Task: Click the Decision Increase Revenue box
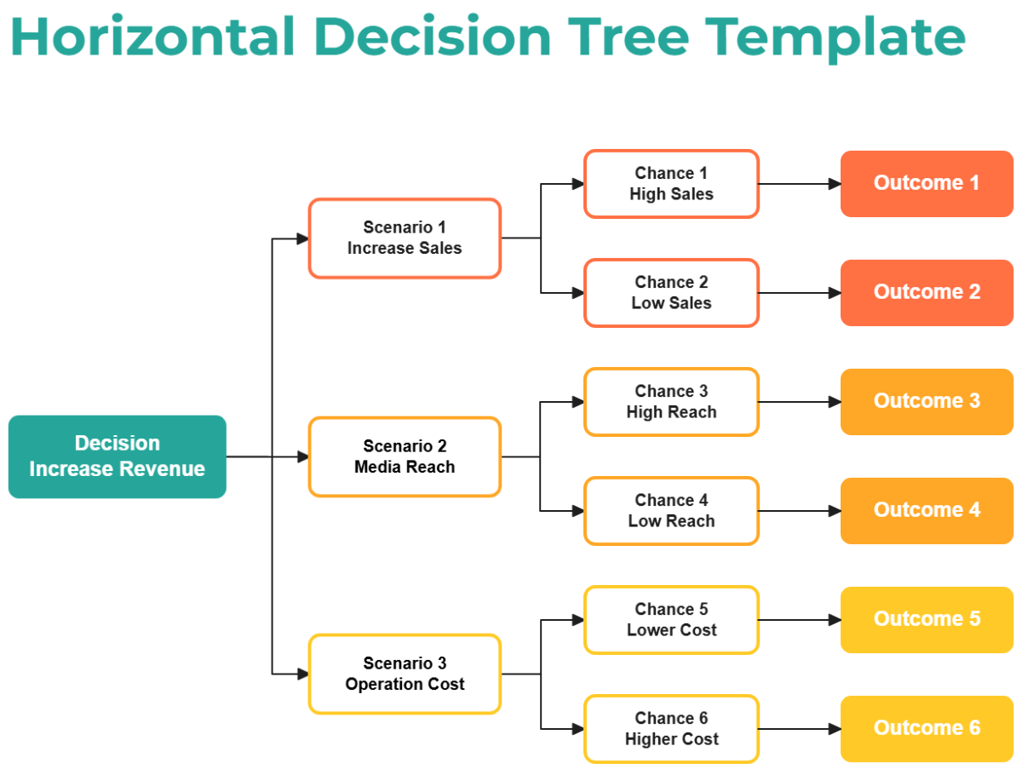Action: pos(118,456)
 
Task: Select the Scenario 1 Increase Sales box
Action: pos(405,238)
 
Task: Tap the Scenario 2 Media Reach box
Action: pos(405,456)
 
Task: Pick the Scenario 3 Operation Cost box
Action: pos(405,674)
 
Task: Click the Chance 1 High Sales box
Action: pos(671,184)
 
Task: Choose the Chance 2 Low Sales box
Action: pos(671,293)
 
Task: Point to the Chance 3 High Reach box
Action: pos(671,402)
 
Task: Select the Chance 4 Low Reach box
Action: pos(671,511)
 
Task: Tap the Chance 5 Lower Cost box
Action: pos(671,620)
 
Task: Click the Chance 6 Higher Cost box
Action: pos(671,729)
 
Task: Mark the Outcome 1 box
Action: pos(927,184)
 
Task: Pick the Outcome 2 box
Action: pos(927,293)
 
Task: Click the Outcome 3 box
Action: pos(927,402)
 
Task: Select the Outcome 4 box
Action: pos(927,511)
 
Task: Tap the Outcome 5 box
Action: pos(927,620)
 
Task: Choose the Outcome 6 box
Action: pos(927,729)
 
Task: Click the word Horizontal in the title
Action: pos(153,37)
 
